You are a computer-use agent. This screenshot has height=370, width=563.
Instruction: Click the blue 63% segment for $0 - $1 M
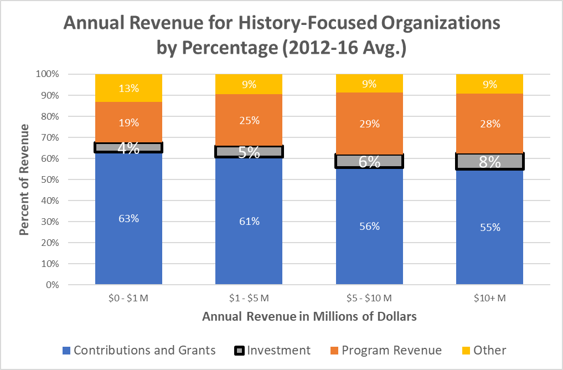coord(128,219)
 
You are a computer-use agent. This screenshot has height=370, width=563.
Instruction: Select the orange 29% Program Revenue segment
coord(369,124)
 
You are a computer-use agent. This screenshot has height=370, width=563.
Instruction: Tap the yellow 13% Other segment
coord(128,88)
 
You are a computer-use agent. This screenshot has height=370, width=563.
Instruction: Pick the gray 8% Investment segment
coord(489,162)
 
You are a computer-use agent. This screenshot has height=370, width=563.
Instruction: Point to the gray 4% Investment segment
coord(128,147)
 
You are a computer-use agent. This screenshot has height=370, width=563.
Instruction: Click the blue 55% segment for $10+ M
coord(489,227)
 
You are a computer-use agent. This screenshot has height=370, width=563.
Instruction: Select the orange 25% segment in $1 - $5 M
coord(249,120)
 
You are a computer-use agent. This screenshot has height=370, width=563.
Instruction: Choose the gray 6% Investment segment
coord(369,161)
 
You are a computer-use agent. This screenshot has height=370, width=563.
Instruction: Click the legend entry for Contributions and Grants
coord(139,350)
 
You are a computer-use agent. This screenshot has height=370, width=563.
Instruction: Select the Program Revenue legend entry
coord(384,350)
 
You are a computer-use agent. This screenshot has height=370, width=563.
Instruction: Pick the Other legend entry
coord(482,350)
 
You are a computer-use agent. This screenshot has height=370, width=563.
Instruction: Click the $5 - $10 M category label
coord(369,298)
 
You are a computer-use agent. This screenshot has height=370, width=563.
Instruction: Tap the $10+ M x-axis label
coord(489,298)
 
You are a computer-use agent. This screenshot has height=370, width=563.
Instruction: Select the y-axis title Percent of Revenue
coord(24,179)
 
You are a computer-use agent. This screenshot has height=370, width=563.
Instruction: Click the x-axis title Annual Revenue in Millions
coord(309,317)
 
